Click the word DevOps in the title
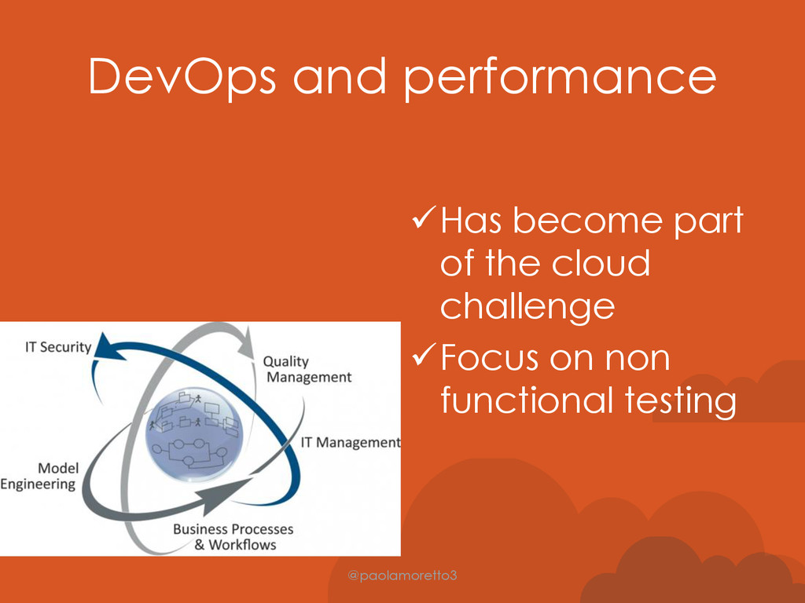point(182,77)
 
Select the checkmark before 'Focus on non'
point(424,354)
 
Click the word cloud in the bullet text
point(601,262)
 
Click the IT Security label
point(58,347)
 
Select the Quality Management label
point(307,369)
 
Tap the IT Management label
point(350,443)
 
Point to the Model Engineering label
point(39,476)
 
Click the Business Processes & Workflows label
point(233,536)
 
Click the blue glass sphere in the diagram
point(194,433)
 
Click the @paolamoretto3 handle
point(402,576)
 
